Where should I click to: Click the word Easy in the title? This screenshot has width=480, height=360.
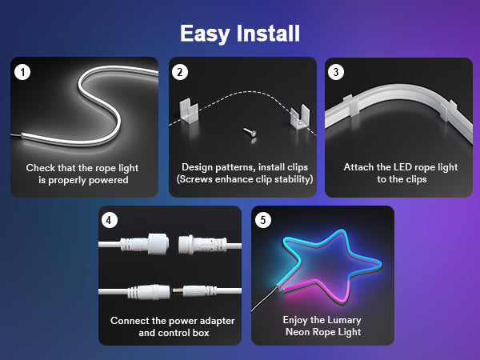(x=205, y=34)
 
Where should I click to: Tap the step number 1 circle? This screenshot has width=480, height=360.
(x=22, y=72)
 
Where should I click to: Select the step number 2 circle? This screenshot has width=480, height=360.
(x=180, y=72)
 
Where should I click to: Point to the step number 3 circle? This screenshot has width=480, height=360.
(x=336, y=72)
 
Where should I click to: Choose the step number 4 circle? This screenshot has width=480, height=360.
(x=110, y=220)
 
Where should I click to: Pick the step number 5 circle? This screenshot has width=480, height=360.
(x=263, y=220)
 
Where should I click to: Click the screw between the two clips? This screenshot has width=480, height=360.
(x=250, y=132)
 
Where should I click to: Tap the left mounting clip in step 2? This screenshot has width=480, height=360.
(x=189, y=110)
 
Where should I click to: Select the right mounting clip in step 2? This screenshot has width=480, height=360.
(x=300, y=117)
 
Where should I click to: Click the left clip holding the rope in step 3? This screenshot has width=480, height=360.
(x=351, y=106)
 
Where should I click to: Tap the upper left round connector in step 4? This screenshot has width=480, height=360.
(x=145, y=244)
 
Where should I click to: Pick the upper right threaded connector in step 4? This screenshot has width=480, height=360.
(x=202, y=245)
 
